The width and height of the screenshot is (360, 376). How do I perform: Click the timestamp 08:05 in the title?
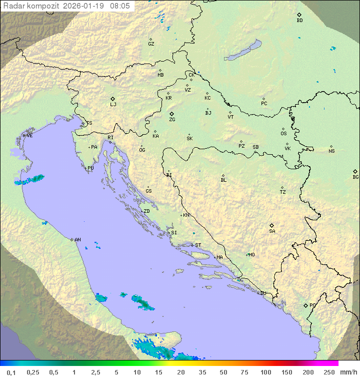pyautogui.click(x=121, y=5)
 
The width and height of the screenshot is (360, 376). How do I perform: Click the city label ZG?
pyautogui.click(x=172, y=120)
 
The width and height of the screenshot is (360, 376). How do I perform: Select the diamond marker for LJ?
pyautogui.click(x=113, y=99)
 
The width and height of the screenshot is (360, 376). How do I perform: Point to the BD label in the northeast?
pyautogui.click(x=299, y=21)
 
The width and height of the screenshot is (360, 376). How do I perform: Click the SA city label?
pyautogui.click(x=272, y=231)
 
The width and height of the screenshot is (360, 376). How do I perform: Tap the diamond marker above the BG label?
pyautogui.click(x=355, y=171)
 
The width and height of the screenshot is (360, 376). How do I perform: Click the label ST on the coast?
pyautogui.click(x=198, y=245)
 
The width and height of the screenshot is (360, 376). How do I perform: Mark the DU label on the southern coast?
pyautogui.click(x=263, y=293)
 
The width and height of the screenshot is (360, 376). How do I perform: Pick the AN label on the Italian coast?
pyautogui.click(x=77, y=240)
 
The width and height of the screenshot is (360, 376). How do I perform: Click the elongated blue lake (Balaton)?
pyautogui.click(x=243, y=51)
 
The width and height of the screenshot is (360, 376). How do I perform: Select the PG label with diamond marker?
pyautogui.click(x=312, y=305)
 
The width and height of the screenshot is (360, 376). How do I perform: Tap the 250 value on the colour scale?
pyautogui.click(x=329, y=372)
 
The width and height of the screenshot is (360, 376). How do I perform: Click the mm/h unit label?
pyautogui.click(x=348, y=372)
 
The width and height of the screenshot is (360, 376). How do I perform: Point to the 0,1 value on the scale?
pyautogui.click(x=11, y=372)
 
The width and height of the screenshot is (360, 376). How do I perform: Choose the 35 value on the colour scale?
pyautogui.click(x=202, y=372)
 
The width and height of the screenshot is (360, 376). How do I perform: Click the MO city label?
pyautogui.click(x=251, y=255)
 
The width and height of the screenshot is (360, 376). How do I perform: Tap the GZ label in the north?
pyautogui.click(x=151, y=44)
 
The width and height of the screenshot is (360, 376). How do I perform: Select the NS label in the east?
pyautogui.click(x=331, y=151)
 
